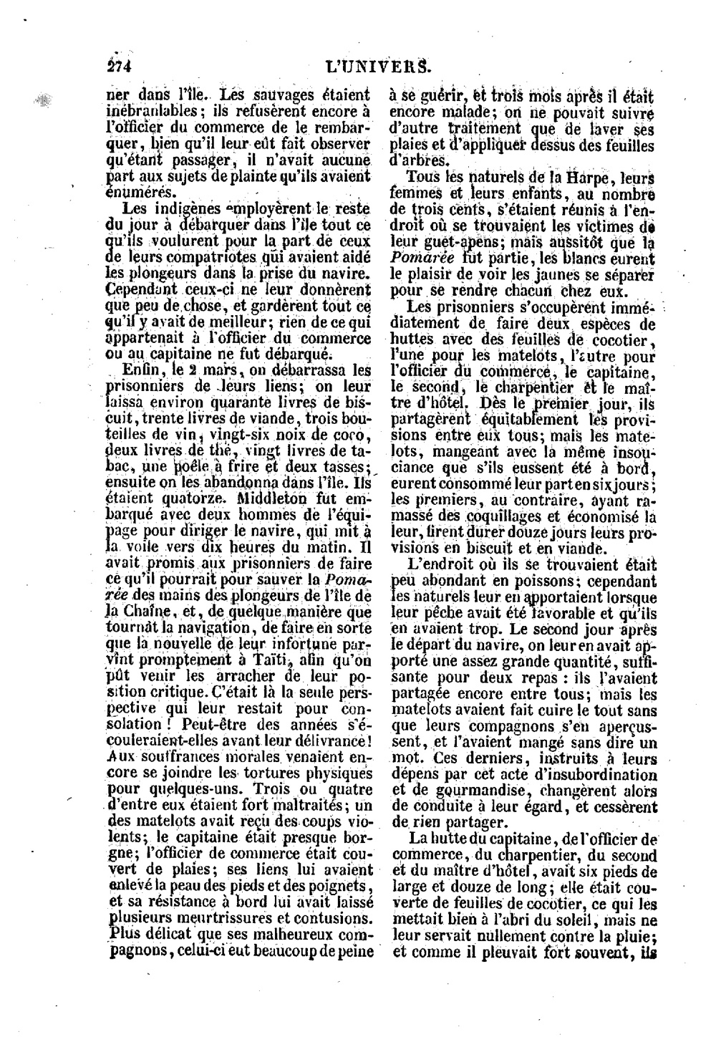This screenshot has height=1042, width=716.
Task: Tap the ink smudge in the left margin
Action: [x=42, y=101]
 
